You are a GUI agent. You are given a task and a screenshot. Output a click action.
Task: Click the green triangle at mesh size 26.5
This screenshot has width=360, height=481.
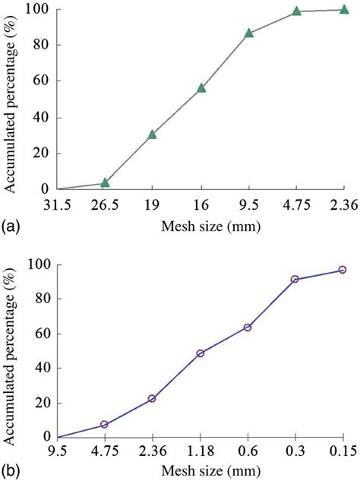pyautogui.click(x=105, y=183)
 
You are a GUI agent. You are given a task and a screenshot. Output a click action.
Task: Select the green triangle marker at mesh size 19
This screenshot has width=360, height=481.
pyautogui.click(x=152, y=134)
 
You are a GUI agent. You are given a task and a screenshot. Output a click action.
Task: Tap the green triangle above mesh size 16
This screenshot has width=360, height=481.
pyautogui.click(x=201, y=88)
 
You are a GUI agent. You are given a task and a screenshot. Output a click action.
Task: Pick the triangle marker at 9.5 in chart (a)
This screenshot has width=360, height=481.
pyautogui.click(x=249, y=33)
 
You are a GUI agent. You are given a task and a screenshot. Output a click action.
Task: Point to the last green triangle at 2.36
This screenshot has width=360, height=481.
pyautogui.click(x=344, y=9)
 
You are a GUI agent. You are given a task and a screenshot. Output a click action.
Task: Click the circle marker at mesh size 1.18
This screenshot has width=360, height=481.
pyautogui.click(x=200, y=353)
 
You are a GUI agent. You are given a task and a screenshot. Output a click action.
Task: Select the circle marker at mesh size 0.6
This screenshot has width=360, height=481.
pyautogui.click(x=248, y=328)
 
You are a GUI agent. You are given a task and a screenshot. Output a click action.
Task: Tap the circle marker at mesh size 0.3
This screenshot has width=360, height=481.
pyautogui.click(x=295, y=280)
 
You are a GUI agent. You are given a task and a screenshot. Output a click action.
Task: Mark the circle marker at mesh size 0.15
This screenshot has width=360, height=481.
pyautogui.click(x=343, y=270)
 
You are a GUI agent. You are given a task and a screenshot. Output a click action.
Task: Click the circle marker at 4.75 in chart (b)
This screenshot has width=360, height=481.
pyautogui.click(x=104, y=425)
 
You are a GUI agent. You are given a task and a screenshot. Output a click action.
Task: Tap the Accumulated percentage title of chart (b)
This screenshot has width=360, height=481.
pyautogui.click(x=12, y=350)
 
